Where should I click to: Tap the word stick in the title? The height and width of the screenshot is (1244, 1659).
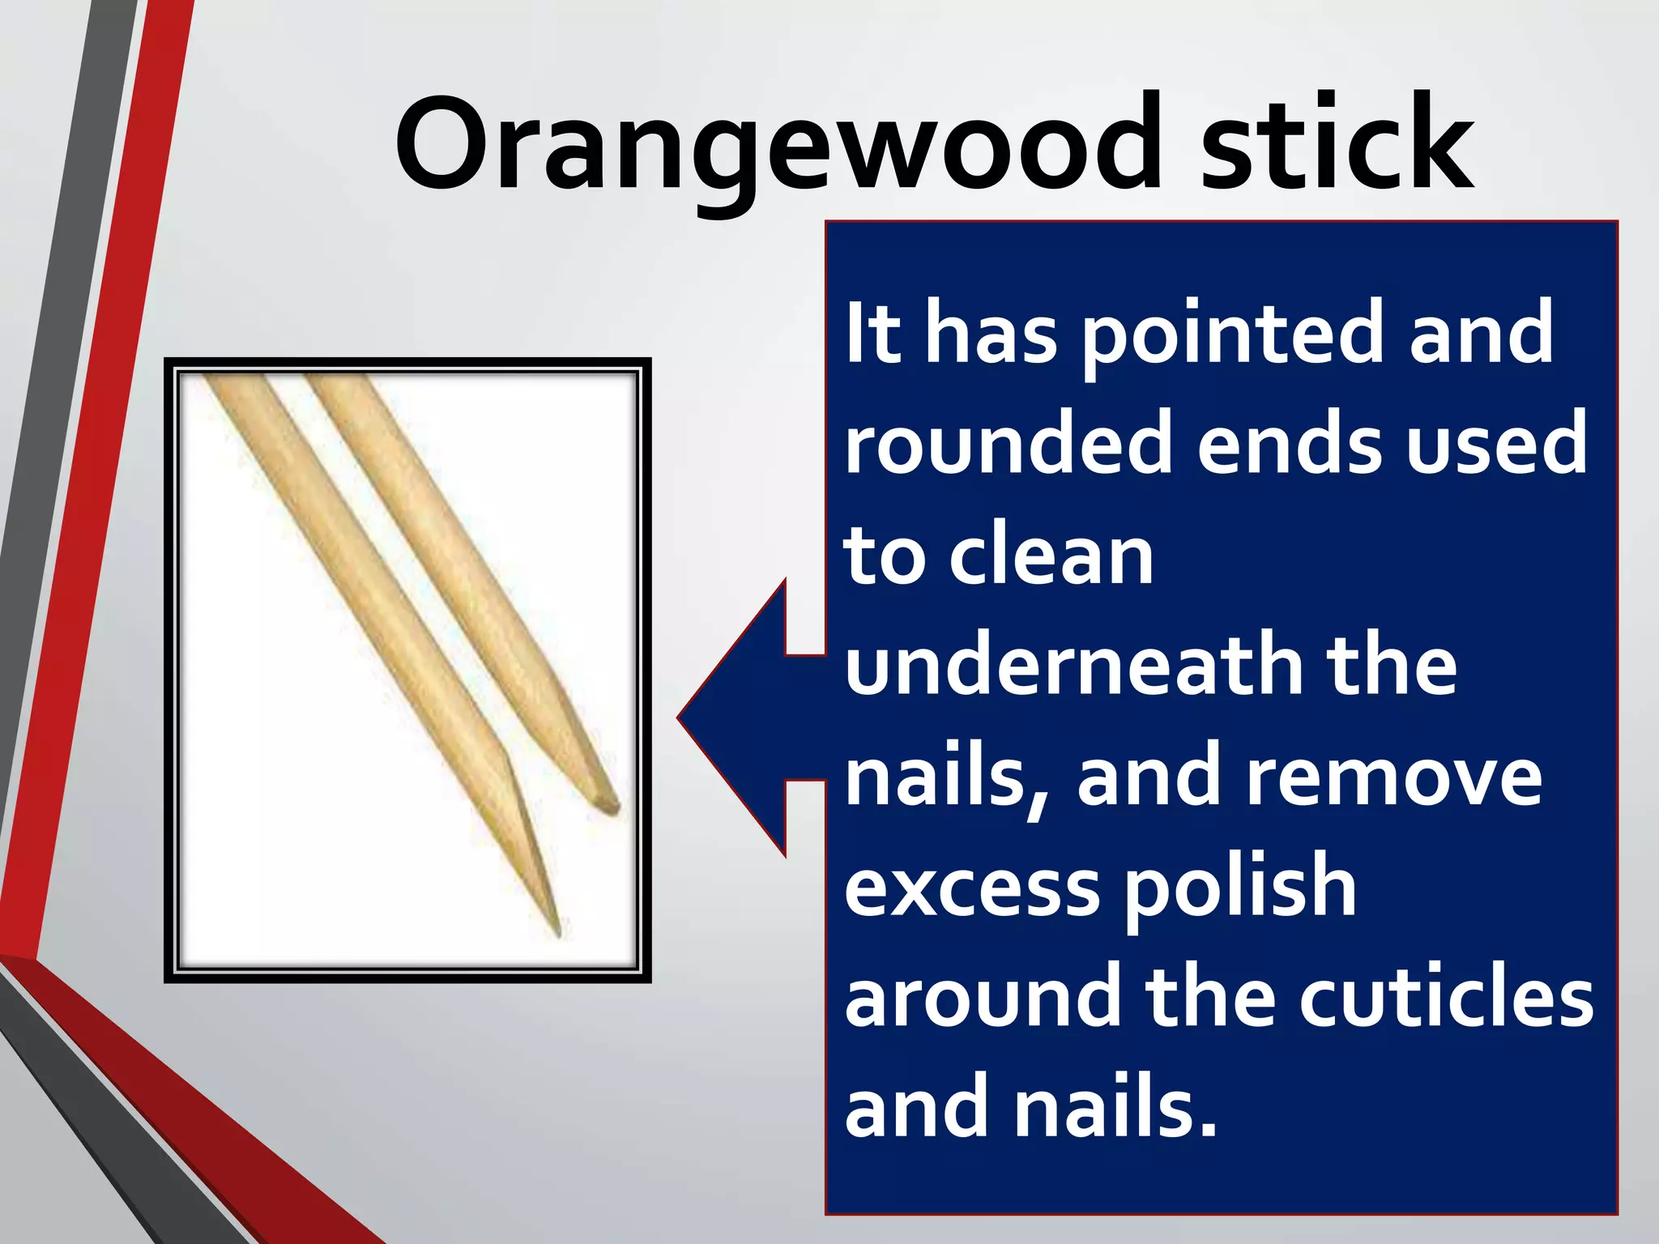pyautogui.click(x=1337, y=146)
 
